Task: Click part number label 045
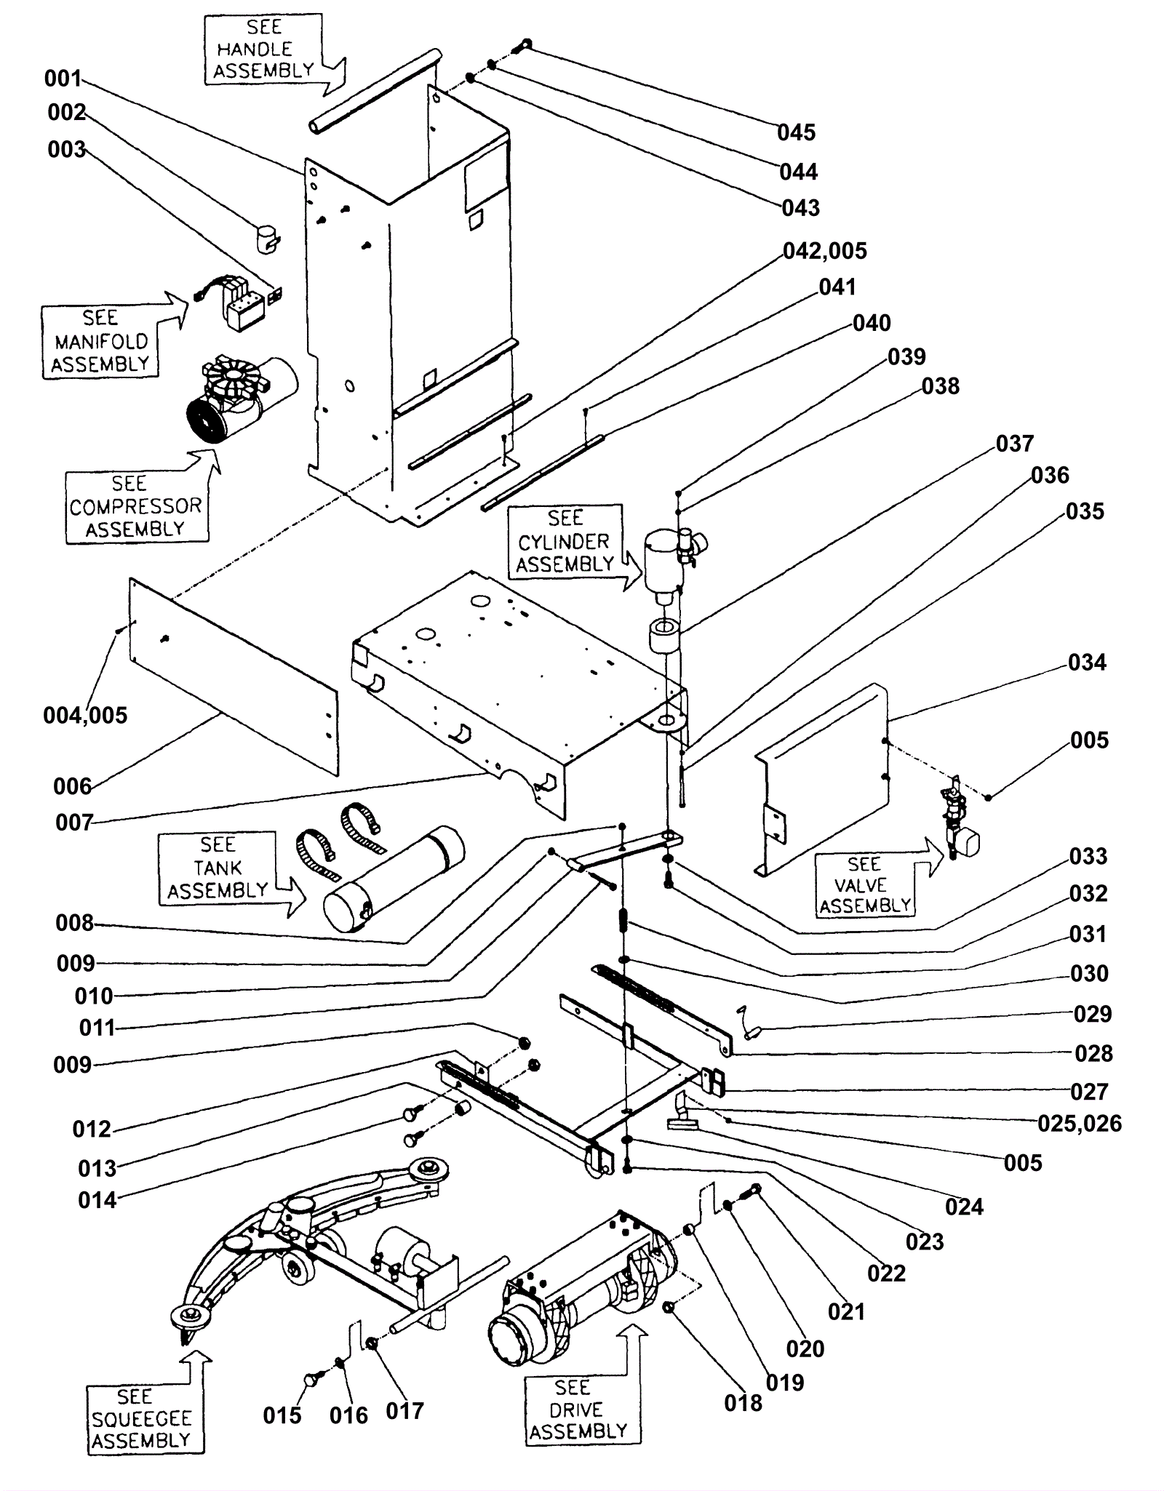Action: point(796,132)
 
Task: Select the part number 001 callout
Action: point(63,78)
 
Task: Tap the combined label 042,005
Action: point(825,251)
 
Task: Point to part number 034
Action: point(1087,663)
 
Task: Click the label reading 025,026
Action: point(1080,1124)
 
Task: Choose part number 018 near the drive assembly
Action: point(743,1403)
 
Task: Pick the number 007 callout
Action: point(74,823)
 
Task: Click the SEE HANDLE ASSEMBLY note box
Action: point(263,49)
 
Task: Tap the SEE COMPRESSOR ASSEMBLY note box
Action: point(136,506)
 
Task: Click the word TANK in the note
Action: point(218,868)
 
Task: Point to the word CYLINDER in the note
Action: point(564,542)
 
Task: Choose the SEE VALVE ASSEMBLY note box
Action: point(864,884)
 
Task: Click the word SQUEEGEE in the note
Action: point(142,1418)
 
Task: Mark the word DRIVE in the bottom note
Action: point(576,1410)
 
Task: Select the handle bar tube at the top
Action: point(375,90)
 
